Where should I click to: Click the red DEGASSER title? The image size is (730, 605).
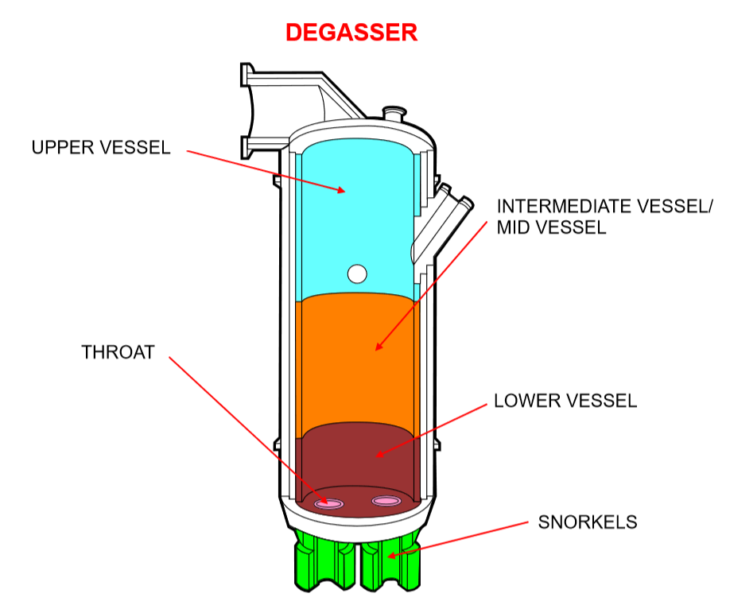pos(351,33)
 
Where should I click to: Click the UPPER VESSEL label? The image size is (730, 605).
pos(101,148)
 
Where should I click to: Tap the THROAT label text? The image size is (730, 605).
pos(118,352)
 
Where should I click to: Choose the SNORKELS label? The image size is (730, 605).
pos(587,522)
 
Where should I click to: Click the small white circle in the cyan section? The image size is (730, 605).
pos(357,274)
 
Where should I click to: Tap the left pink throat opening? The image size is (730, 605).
pos(328,503)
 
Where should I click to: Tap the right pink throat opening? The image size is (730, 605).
pos(386,501)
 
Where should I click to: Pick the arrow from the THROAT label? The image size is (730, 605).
pos(247,429)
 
